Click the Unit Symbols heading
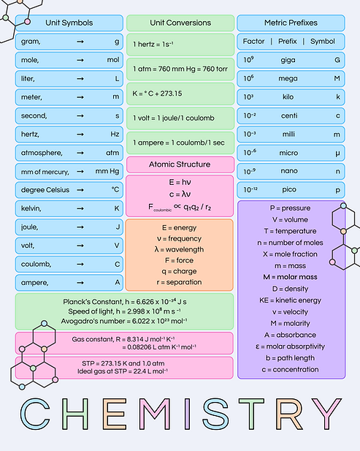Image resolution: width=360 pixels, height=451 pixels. coord(69,23)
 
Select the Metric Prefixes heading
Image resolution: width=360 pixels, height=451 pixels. coord(291,23)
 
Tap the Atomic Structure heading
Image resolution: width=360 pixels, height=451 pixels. coord(180,164)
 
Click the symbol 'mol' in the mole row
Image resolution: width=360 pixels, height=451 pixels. coord(112,59)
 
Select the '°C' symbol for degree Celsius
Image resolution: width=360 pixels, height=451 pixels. coord(115,189)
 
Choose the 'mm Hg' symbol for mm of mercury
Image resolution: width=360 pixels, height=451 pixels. coord(107,171)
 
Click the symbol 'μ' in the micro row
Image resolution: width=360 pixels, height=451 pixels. coord(337,152)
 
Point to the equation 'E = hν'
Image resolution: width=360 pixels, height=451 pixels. coord(180,181)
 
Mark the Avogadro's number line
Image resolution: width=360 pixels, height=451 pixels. coord(124,319)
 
